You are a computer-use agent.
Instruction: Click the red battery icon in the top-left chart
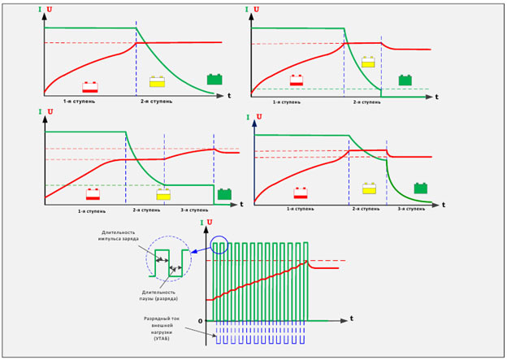90,87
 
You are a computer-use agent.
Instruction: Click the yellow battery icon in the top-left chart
157,81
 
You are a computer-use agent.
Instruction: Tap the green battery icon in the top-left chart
214,79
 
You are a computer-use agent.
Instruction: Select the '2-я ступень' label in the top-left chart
154,102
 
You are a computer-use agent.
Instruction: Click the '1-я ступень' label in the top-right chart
287,102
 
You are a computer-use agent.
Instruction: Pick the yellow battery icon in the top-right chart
368,62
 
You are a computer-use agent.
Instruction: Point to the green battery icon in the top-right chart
405,80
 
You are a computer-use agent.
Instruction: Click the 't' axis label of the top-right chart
436,97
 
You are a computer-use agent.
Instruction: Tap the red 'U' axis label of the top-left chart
49,10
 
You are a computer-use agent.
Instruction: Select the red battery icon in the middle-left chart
93,193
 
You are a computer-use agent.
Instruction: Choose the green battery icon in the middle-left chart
223,194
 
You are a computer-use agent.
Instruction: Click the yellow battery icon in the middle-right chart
369,189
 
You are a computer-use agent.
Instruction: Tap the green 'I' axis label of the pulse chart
201,222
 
